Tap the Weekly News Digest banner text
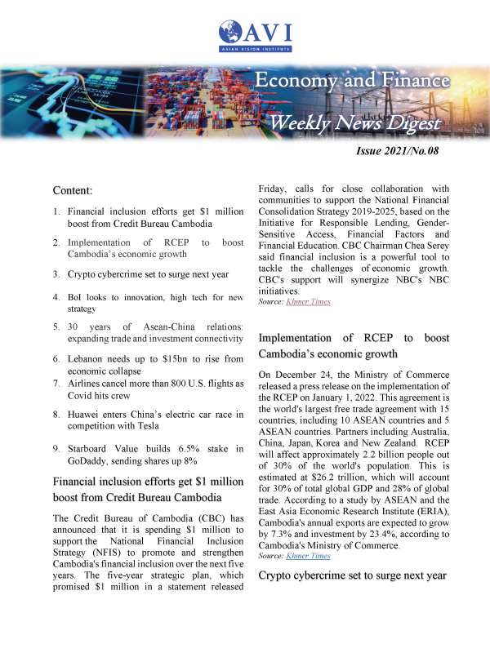355,123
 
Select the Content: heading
72,190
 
